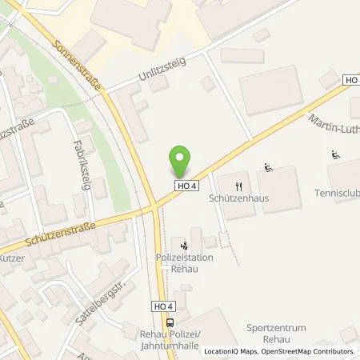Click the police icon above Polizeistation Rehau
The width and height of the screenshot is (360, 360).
186,245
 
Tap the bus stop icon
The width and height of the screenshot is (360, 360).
170,322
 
